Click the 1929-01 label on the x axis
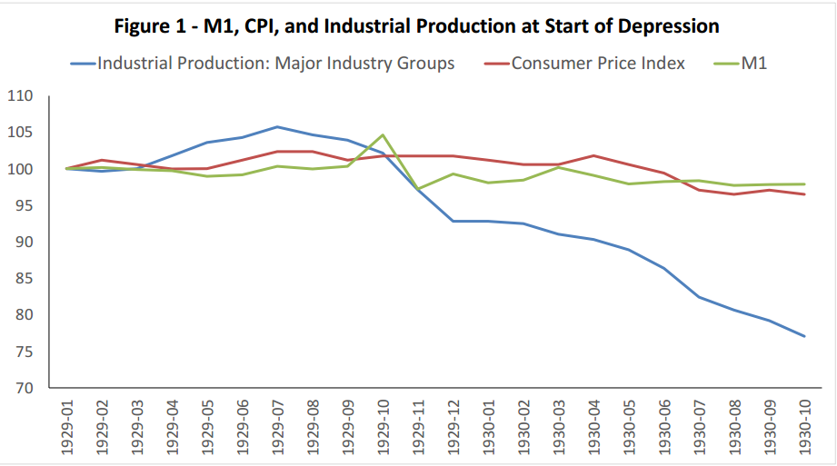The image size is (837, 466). (x=68, y=427)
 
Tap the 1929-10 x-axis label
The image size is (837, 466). (x=382, y=427)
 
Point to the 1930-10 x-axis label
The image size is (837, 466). (x=803, y=427)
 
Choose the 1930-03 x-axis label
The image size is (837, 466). (x=557, y=427)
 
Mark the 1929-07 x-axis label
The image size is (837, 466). (x=277, y=427)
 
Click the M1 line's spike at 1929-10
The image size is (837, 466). (x=383, y=134)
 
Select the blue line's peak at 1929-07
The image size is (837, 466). (x=277, y=127)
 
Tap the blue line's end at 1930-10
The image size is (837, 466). (x=803, y=336)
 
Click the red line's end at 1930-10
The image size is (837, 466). (x=803, y=194)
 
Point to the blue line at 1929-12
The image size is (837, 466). (x=453, y=221)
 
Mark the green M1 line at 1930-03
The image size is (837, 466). (x=557, y=167)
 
